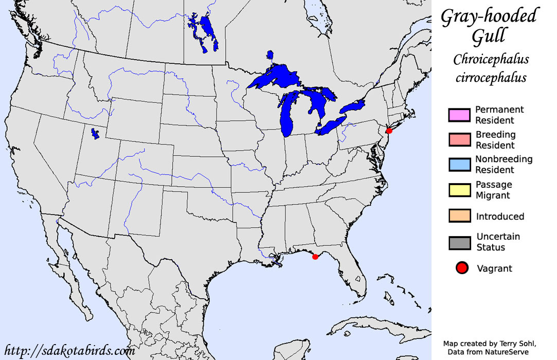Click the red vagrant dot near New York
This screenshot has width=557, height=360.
[389, 131]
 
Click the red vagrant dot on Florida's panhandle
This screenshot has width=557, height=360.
[315, 257]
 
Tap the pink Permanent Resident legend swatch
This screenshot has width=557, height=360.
[459, 115]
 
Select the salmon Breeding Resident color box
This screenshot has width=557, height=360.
[459, 140]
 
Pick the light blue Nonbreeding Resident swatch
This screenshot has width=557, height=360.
[459, 165]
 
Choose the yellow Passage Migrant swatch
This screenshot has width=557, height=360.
[459, 190]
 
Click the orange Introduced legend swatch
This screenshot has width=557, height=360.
[459, 217]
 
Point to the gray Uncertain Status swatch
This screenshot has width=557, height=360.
[459, 242]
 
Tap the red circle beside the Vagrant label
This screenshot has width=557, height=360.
[462, 268]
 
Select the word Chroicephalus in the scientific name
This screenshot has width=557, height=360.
[491, 60]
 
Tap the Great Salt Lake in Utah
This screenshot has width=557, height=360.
[95, 134]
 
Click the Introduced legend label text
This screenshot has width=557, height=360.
[500, 217]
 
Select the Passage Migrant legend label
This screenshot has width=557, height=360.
[493, 190]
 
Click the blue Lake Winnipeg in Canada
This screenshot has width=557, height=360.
[209, 34]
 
